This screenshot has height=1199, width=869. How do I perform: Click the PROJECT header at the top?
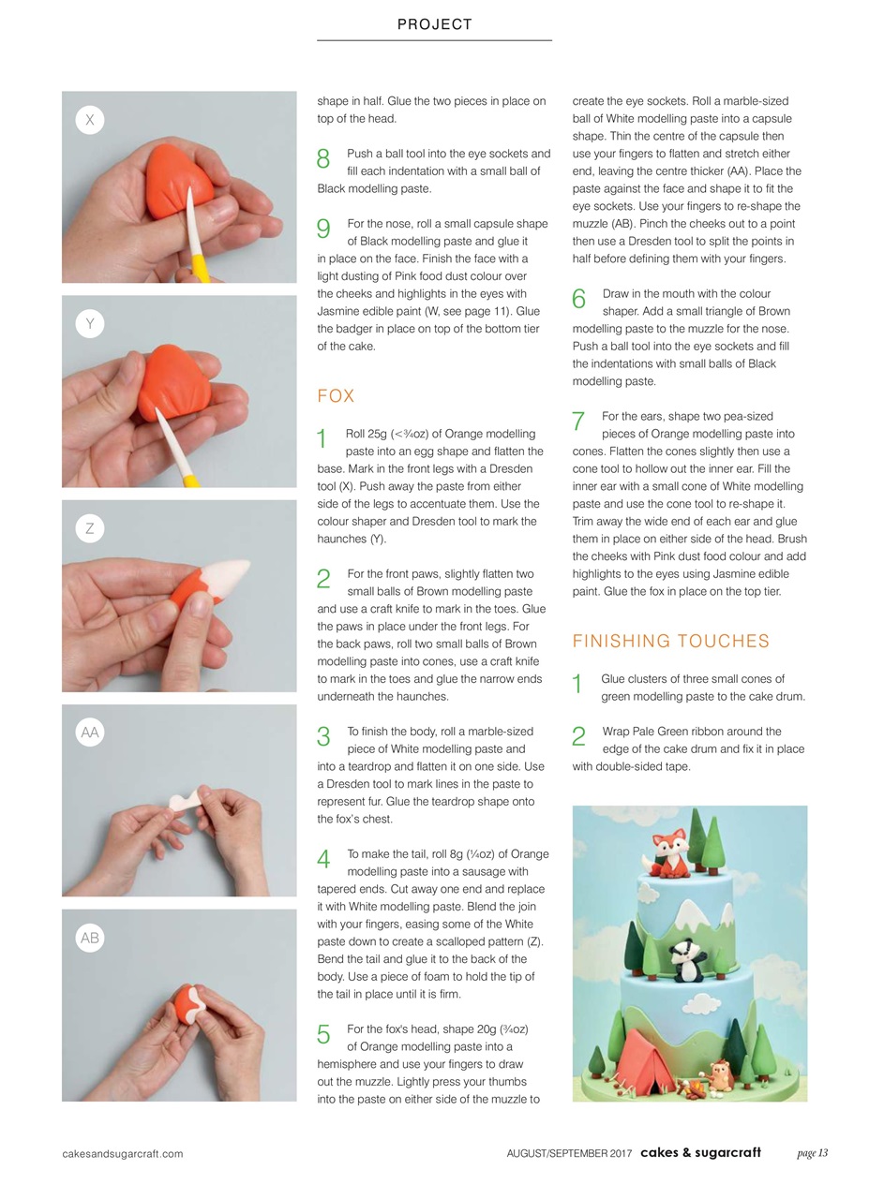pos(434,25)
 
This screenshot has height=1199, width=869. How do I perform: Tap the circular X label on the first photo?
pos(90,120)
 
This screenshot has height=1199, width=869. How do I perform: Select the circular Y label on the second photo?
pos(90,324)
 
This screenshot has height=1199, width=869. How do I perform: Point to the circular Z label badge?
pos(90,528)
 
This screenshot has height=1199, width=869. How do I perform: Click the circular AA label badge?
pos(90,733)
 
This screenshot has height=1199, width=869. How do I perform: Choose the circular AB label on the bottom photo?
pos(90,938)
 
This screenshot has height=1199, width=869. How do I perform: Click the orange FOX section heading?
pos(336,396)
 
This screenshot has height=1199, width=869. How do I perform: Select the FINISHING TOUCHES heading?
pos(670,642)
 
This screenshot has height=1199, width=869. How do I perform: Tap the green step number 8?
pos(323,159)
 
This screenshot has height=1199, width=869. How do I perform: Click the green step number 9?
pos(323,229)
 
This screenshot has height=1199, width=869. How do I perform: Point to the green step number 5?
pos(323,1034)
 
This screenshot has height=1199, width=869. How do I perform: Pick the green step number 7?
pos(578,422)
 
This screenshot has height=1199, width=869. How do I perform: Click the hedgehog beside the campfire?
pos(721,1075)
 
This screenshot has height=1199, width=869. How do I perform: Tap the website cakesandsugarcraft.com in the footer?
pos(122,1154)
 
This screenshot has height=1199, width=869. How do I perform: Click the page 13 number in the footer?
pos(812,1153)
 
